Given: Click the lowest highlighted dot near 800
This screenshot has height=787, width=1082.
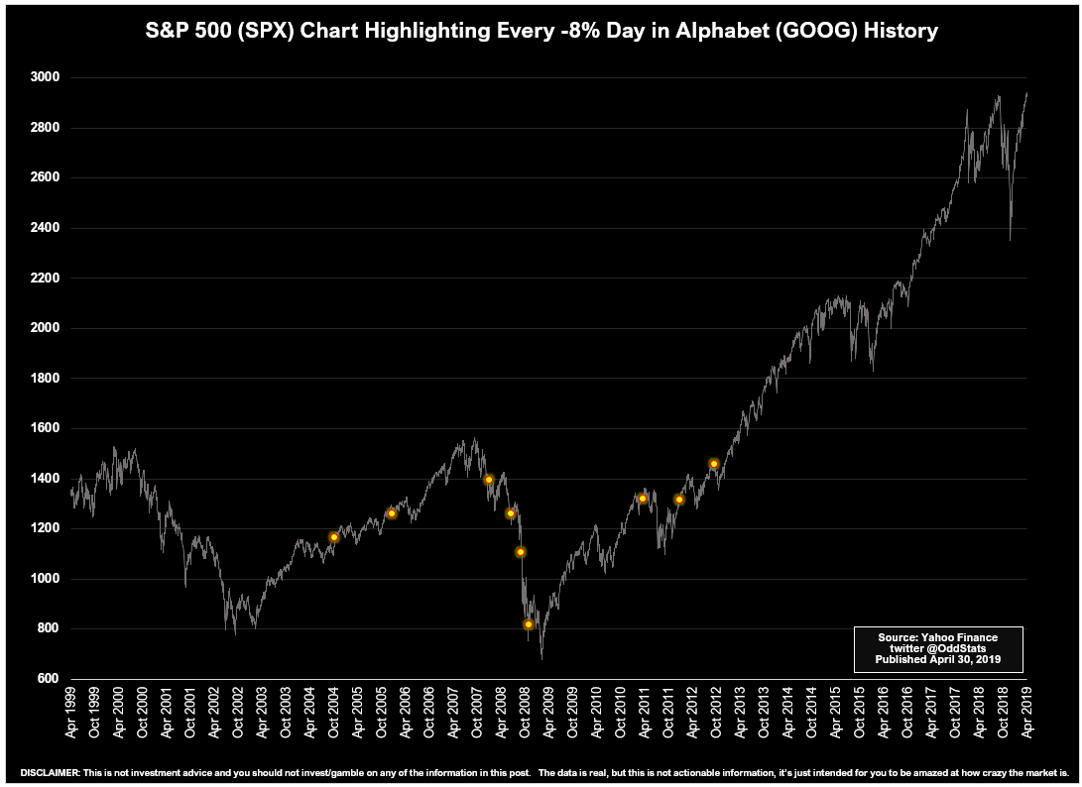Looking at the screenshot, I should click(x=529, y=624).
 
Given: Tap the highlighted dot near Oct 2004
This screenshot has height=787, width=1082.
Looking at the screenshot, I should click(x=334, y=537).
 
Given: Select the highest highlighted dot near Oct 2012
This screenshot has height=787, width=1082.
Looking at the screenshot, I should click(x=714, y=463).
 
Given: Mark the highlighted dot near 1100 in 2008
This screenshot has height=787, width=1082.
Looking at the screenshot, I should click(x=521, y=552).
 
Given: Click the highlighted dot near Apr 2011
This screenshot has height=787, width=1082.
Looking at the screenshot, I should click(x=643, y=499).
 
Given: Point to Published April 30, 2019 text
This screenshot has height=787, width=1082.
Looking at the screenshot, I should click(x=937, y=659).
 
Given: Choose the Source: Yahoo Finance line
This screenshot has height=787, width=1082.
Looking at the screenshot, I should click(x=937, y=636).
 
